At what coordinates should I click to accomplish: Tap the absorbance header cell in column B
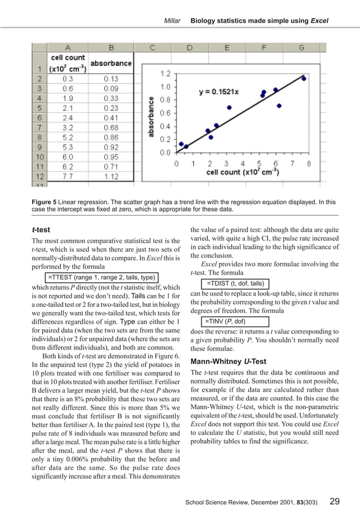pos(111,63)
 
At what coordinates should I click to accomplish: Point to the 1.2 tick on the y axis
pos(165,73)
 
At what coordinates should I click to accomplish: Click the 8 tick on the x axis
pos(309,163)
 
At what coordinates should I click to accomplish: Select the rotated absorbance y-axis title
pos(151,116)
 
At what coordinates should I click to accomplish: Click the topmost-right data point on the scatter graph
pos(304,78)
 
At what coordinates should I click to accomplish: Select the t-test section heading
pos(39,230)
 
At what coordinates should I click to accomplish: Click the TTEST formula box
pos(100,278)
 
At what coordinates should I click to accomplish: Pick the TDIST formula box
pos(235,283)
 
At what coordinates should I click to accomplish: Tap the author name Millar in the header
pos(172,20)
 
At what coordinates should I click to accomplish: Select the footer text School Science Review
pos(219,502)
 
